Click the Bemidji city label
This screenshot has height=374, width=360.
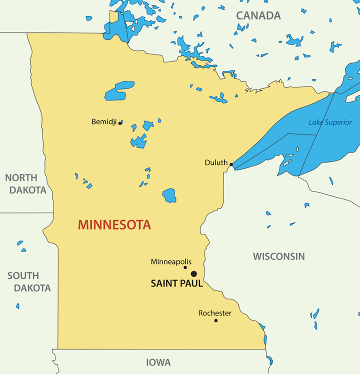[x=104, y=121]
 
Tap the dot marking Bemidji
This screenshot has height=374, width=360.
[x=120, y=122]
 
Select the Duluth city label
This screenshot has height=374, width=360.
[x=216, y=162]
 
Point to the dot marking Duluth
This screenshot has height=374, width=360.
[x=231, y=164]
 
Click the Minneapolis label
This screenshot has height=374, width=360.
[x=171, y=261]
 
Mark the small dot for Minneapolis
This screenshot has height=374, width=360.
[x=185, y=267]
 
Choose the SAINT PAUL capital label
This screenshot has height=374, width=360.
[x=177, y=283]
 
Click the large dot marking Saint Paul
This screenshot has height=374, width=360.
[x=193, y=273]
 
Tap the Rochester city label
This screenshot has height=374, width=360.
[x=215, y=313]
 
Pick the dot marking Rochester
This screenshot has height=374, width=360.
[x=216, y=320]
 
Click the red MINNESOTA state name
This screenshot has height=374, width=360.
[x=114, y=225]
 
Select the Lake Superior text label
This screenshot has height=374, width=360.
[x=330, y=122]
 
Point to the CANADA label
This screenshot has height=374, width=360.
[x=258, y=15]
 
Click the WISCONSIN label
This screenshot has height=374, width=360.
[x=278, y=256]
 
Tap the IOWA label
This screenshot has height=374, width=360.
[x=158, y=362]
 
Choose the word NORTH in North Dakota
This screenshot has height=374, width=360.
[x=21, y=177]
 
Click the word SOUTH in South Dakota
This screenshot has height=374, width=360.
[x=23, y=275]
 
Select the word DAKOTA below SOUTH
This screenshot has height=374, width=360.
[x=32, y=288]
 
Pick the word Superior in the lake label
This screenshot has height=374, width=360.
[x=338, y=122]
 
